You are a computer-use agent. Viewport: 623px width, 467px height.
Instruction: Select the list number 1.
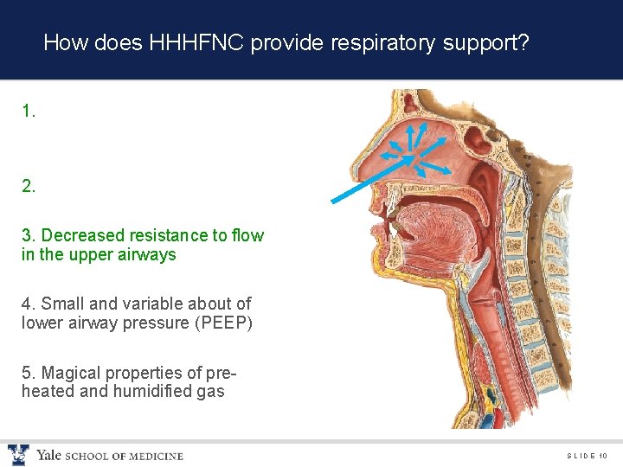click(29, 111)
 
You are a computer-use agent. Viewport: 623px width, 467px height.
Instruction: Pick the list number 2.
click(29, 185)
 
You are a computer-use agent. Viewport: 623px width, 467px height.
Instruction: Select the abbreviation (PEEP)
click(222, 323)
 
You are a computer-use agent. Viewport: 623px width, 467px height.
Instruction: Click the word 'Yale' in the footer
click(49, 456)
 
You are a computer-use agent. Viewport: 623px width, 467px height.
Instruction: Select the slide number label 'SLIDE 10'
click(588, 456)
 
